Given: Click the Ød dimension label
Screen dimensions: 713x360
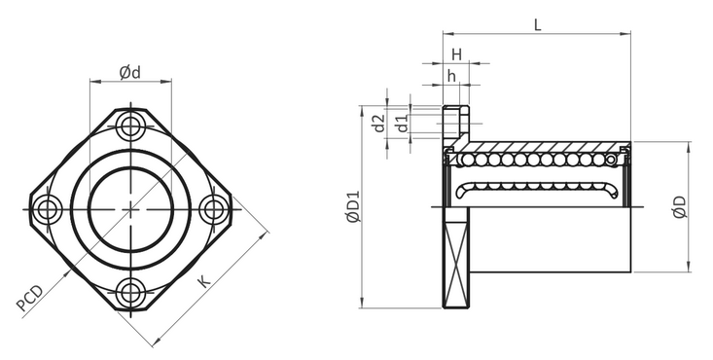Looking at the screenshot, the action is (x=130, y=72).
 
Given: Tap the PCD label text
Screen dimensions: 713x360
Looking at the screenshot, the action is (x=29, y=299).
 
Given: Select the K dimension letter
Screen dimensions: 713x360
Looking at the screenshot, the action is (x=204, y=282).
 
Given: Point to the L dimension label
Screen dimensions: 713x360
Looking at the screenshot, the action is (x=538, y=25).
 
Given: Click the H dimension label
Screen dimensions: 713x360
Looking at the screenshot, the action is (x=456, y=54).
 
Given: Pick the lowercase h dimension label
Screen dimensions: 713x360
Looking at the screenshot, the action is (x=451, y=76).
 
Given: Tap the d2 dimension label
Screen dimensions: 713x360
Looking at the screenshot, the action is (x=378, y=124).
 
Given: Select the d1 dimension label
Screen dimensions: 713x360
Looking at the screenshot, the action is (x=402, y=124).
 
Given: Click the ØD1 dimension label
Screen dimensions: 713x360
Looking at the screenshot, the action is (x=353, y=206).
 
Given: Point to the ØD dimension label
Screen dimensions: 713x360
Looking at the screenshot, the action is (x=679, y=207).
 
